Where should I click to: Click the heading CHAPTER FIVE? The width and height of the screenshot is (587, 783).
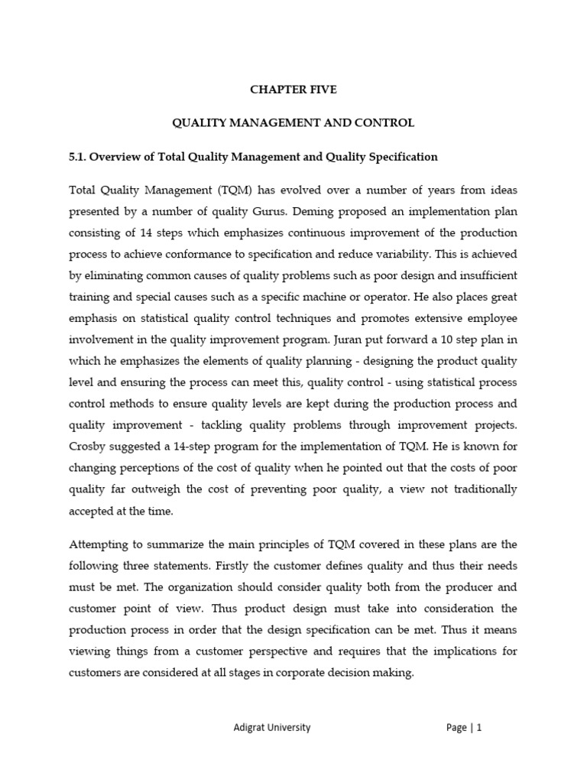click(293, 89)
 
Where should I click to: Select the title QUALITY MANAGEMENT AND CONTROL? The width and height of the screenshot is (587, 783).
click(293, 122)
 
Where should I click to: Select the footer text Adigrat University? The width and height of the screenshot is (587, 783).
click(271, 729)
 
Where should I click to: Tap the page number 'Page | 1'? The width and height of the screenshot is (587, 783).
click(464, 729)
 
